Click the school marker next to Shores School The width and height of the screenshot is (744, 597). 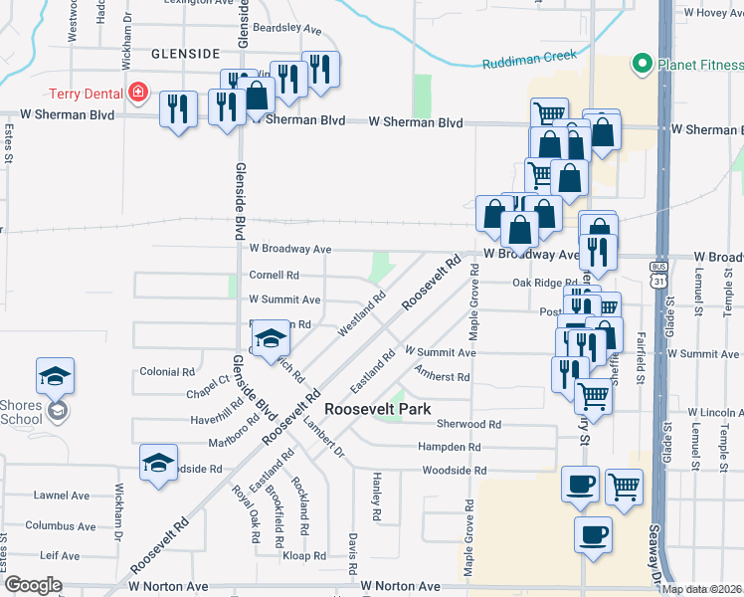(56, 376)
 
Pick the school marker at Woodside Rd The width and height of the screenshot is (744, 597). (158, 463)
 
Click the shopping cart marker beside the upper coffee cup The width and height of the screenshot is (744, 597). (624, 487)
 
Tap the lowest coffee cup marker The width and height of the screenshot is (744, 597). (593, 534)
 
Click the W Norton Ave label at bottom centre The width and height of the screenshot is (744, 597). (403, 587)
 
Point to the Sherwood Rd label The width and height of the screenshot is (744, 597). (454, 424)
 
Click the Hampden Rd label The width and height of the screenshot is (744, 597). (454, 447)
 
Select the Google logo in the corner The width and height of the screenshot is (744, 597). (32, 585)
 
